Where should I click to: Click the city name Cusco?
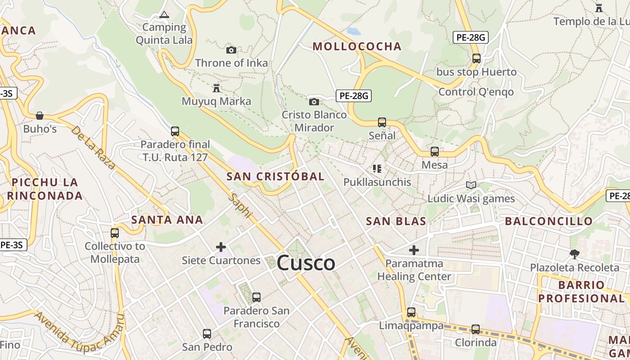306,263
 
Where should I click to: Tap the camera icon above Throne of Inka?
231,50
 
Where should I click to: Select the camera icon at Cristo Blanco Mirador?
314,102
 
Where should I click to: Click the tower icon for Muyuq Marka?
216,87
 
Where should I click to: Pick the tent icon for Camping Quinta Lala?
164,15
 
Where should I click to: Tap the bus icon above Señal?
382,122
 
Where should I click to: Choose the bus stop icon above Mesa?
435,152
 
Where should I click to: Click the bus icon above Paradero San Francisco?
256,297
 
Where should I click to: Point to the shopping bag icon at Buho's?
40,116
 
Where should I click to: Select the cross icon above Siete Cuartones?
221,247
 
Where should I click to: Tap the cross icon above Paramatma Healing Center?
414,250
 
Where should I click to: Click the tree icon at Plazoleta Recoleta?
574,254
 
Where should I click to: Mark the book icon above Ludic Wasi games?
471,185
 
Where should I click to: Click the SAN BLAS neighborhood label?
396,221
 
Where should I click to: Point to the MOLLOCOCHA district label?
357,46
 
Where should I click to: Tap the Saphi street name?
240,206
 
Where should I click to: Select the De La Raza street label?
93,147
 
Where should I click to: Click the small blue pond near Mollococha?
354,31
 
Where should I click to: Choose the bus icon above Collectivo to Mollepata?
115,233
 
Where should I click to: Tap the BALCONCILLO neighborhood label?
549,221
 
